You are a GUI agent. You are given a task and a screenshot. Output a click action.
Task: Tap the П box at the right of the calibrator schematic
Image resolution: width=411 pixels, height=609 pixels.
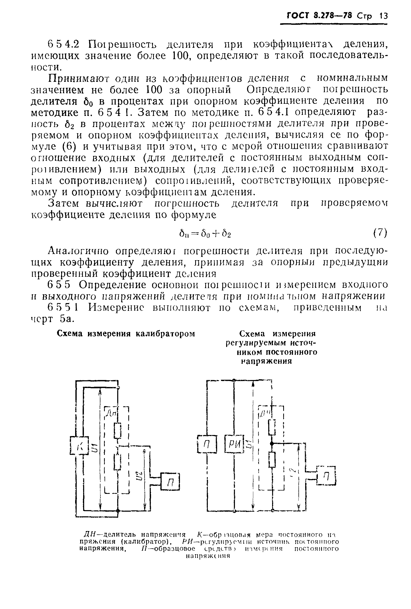tap(170, 481)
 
